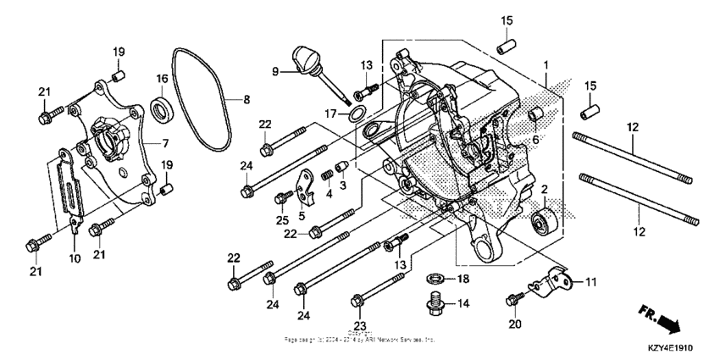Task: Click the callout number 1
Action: tap(546, 65)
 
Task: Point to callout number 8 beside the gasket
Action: tap(246, 99)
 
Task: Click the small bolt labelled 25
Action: tap(280, 199)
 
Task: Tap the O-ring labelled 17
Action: tap(358, 114)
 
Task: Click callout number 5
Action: tap(302, 217)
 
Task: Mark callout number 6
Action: tap(534, 139)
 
